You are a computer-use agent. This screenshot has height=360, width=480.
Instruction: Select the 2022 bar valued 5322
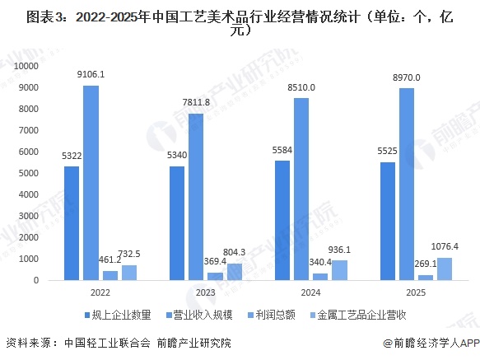pos(72,223)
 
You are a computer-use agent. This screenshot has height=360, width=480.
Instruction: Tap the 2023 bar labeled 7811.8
pos(197,197)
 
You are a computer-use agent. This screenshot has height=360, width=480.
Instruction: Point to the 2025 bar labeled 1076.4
pos(445,269)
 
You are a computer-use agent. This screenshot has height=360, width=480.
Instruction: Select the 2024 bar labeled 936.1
pos(340,270)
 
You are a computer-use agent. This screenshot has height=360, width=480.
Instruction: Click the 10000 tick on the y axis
pos(28,65)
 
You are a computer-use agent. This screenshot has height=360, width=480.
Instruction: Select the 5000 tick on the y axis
pos(31,173)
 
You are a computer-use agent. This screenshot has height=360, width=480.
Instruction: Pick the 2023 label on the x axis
pos(206,293)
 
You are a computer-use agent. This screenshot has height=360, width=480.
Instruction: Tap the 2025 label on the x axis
pos(417,293)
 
